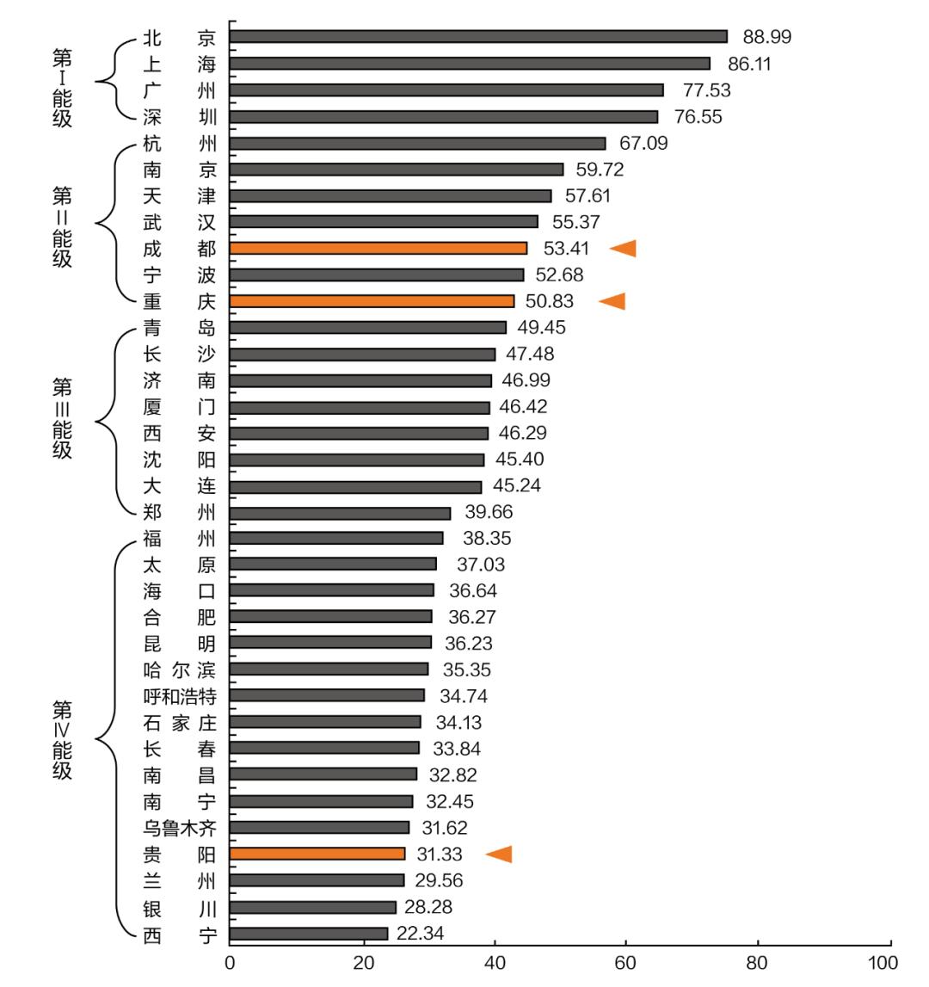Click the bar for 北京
pyautogui.click(x=478, y=36)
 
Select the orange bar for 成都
pyautogui.click(x=378, y=248)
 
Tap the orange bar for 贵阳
pyautogui.click(x=317, y=854)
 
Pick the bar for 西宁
pyautogui.click(x=309, y=934)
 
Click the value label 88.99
pyautogui.click(x=767, y=37)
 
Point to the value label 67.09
pyautogui.click(x=643, y=143)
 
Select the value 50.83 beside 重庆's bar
pyautogui.click(x=549, y=301)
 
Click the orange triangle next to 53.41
pyautogui.click(x=623, y=249)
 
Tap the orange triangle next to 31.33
pyautogui.click(x=499, y=854)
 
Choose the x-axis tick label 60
pyautogui.click(x=624, y=962)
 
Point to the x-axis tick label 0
pyautogui.click(x=230, y=962)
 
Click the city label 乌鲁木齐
pyautogui.click(x=180, y=828)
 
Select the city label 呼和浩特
pyautogui.click(x=180, y=695)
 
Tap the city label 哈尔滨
pyautogui.click(x=180, y=669)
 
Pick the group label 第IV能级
pyautogui.click(x=62, y=740)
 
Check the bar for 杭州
pyautogui.click(x=418, y=143)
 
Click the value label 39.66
pyautogui.click(x=489, y=512)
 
